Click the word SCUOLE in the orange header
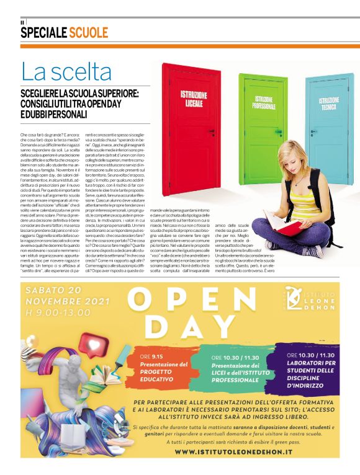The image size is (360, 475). pyautogui.click(x=89, y=33)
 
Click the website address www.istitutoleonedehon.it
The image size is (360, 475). pyautogui.click(x=234, y=452)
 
